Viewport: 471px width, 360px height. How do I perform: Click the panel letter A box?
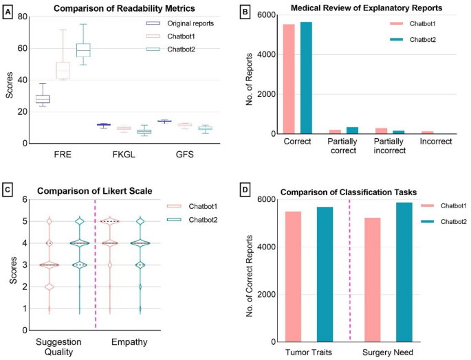click(x=9, y=12)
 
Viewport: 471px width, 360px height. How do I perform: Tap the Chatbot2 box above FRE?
click(x=83, y=49)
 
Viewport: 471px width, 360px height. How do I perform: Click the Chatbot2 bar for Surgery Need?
click(x=404, y=272)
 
